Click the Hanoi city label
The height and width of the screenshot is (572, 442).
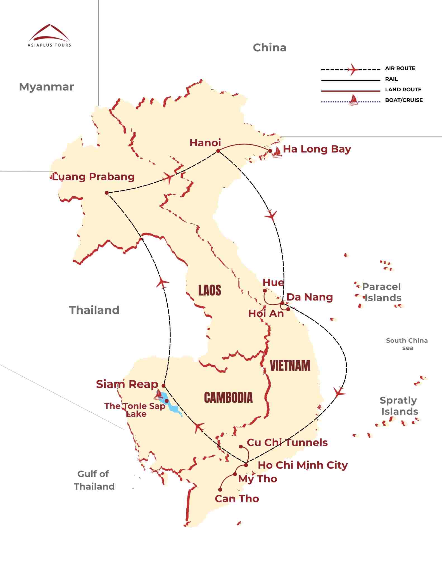(x=205, y=143)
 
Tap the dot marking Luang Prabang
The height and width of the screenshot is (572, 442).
(x=106, y=193)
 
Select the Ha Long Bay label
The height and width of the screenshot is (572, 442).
(x=317, y=149)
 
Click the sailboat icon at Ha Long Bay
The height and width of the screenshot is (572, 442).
(x=277, y=152)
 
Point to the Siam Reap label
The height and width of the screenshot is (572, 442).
(x=127, y=384)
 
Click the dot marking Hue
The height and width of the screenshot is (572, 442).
(x=265, y=291)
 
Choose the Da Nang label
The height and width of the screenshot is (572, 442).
(x=310, y=297)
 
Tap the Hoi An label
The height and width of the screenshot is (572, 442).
(x=266, y=314)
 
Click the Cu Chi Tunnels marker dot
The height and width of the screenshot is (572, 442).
(x=241, y=447)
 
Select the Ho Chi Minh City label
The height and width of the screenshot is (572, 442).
(x=303, y=465)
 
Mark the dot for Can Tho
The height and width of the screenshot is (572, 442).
(x=220, y=490)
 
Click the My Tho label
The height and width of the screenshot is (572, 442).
(x=258, y=479)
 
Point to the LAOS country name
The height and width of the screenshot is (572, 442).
(x=210, y=290)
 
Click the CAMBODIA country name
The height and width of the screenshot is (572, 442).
(x=228, y=398)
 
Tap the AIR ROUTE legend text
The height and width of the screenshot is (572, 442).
(x=400, y=68)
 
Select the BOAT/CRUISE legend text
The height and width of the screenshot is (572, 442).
(x=404, y=100)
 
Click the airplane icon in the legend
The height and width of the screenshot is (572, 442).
(x=353, y=69)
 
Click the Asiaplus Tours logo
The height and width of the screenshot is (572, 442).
(x=49, y=36)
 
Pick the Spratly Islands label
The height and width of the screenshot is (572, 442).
(x=399, y=406)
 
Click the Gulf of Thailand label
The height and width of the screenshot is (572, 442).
(x=94, y=480)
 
